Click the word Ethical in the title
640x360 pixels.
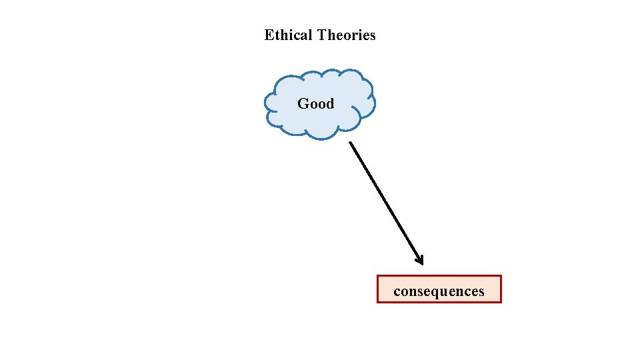tap(289, 35)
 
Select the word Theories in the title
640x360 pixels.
tap(347, 35)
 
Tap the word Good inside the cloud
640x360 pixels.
tap(315, 103)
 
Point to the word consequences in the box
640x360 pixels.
tap(439, 291)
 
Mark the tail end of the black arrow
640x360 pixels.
tap(351, 142)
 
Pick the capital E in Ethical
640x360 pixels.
tap(269, 35)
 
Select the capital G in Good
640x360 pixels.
tap(303, 103)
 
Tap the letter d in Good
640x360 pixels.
tap(329, 103)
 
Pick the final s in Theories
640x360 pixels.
tap(373, 35)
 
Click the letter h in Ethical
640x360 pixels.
tap(282, 35)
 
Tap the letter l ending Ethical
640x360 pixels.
tap(311, 35)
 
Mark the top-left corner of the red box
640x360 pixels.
tap(378, 276)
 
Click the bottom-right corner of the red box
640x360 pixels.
tap(500, 302)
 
